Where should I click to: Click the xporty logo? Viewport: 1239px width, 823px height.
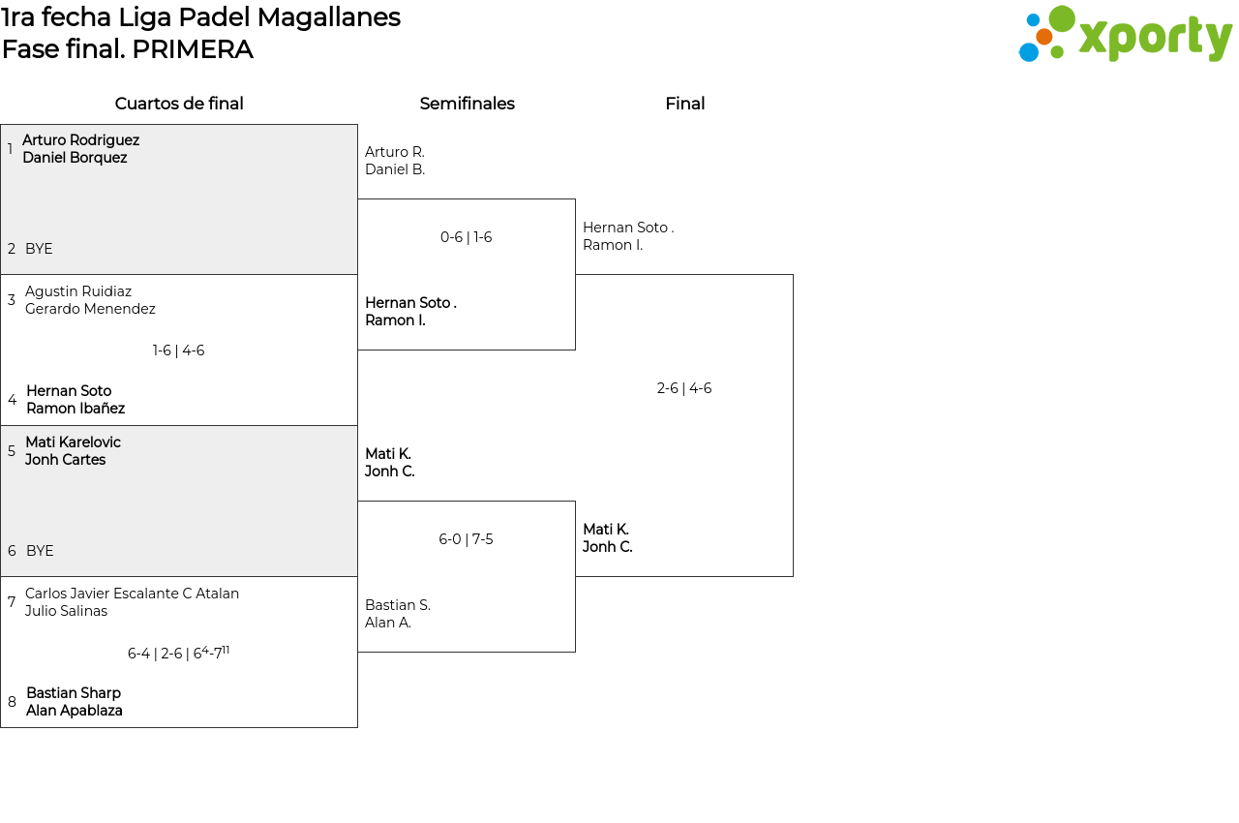pos(1125,35)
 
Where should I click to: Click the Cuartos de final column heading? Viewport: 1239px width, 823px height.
pos(179,104)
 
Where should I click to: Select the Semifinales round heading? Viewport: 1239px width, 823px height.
pos(467,104)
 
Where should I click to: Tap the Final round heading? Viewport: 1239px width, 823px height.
pos(684,104)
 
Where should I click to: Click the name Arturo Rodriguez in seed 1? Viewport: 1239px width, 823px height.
pos(80,140)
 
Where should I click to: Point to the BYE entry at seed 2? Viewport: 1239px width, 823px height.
pos(39,249)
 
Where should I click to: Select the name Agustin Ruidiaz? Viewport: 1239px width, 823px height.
pos(78,291)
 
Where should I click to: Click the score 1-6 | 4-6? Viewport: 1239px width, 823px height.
pos(179,351)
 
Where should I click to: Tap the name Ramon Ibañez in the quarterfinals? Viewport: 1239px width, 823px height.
pos(76,409)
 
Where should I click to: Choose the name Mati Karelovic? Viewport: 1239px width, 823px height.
pos(73,442)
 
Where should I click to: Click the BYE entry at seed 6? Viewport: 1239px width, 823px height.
pos(40,551)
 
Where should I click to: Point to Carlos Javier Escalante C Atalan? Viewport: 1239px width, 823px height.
pos(132,594)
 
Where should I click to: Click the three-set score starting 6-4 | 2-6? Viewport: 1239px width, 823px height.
pos(179,654)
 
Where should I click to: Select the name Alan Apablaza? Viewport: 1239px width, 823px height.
pos(75,711)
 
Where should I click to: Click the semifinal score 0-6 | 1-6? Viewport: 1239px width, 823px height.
pos(467,237)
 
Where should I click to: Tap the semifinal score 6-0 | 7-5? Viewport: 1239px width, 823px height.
pos(466,539)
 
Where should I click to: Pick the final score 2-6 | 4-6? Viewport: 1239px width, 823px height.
pos(684,388)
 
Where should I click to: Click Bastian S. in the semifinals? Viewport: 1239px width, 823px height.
pos(398,605)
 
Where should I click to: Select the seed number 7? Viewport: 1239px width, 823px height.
pos(12,602)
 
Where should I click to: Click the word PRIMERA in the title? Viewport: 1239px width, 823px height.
pos(193,49)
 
